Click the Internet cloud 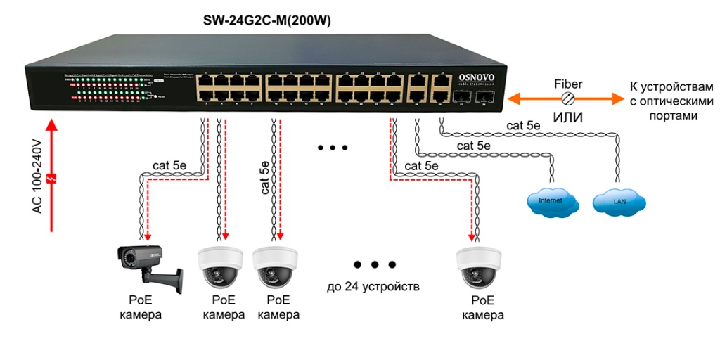[553, 201]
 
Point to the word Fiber [568, 84]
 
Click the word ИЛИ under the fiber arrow [568, 117]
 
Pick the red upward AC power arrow [51, 176]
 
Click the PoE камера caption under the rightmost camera [482, 308]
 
